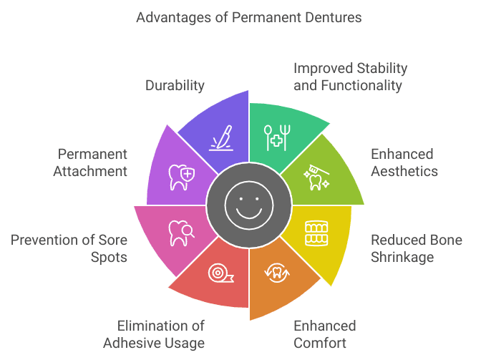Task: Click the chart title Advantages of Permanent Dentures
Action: point(240,15)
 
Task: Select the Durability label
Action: point(175,85)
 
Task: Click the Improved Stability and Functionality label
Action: point(350,77)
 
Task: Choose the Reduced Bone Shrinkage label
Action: point(416,248)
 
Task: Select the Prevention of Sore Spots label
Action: point(69,248)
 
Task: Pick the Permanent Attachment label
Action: point(92,162)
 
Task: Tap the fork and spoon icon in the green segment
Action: point(276,137)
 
